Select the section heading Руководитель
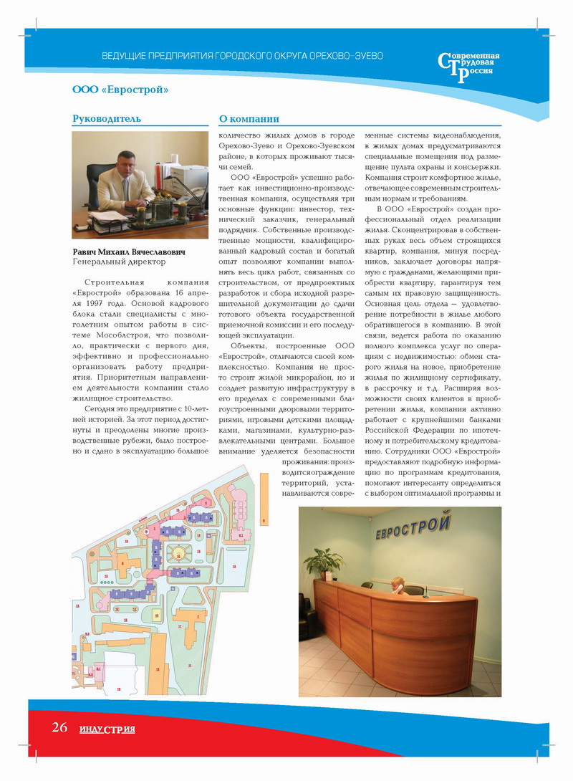(x=107, y=118)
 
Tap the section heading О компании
(x=249, y=118)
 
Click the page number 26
(x=59, y=727)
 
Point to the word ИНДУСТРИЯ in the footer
(x=107, y=729)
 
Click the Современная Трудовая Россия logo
(x=469, y=67)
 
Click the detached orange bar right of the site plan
(x=264, y=530)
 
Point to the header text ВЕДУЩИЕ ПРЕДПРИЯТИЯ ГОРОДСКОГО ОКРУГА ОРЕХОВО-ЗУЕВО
(x=243, y=55)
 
